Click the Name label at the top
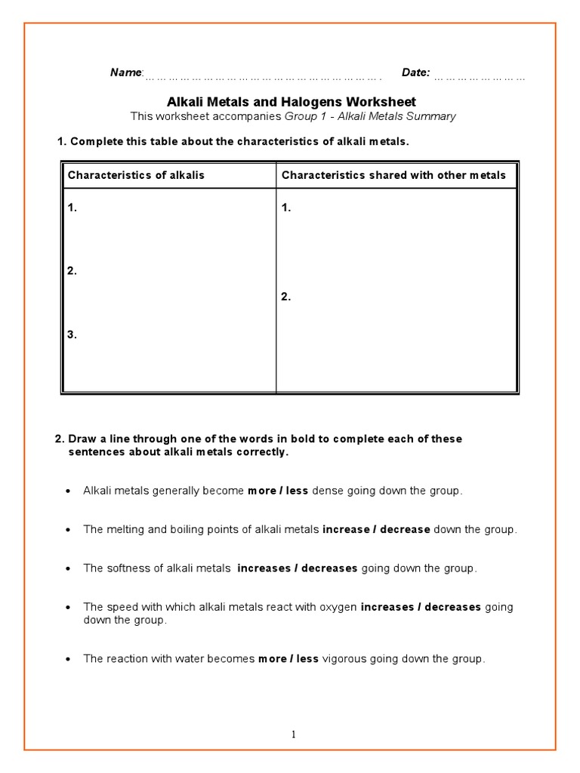(125, 72)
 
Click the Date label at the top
(415, 72)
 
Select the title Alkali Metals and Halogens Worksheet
(291, 102)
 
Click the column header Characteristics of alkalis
(136, 175)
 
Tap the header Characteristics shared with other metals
(393, 175)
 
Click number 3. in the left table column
(72, 335)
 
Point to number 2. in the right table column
(286, 297)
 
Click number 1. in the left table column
(72, 208)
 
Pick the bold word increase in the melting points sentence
(345, 530)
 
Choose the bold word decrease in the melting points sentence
(405, 530)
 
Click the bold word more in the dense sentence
(261, 491)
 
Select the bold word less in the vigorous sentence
(307, 659)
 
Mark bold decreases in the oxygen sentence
(452, 607)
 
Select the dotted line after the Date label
(480, 75)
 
